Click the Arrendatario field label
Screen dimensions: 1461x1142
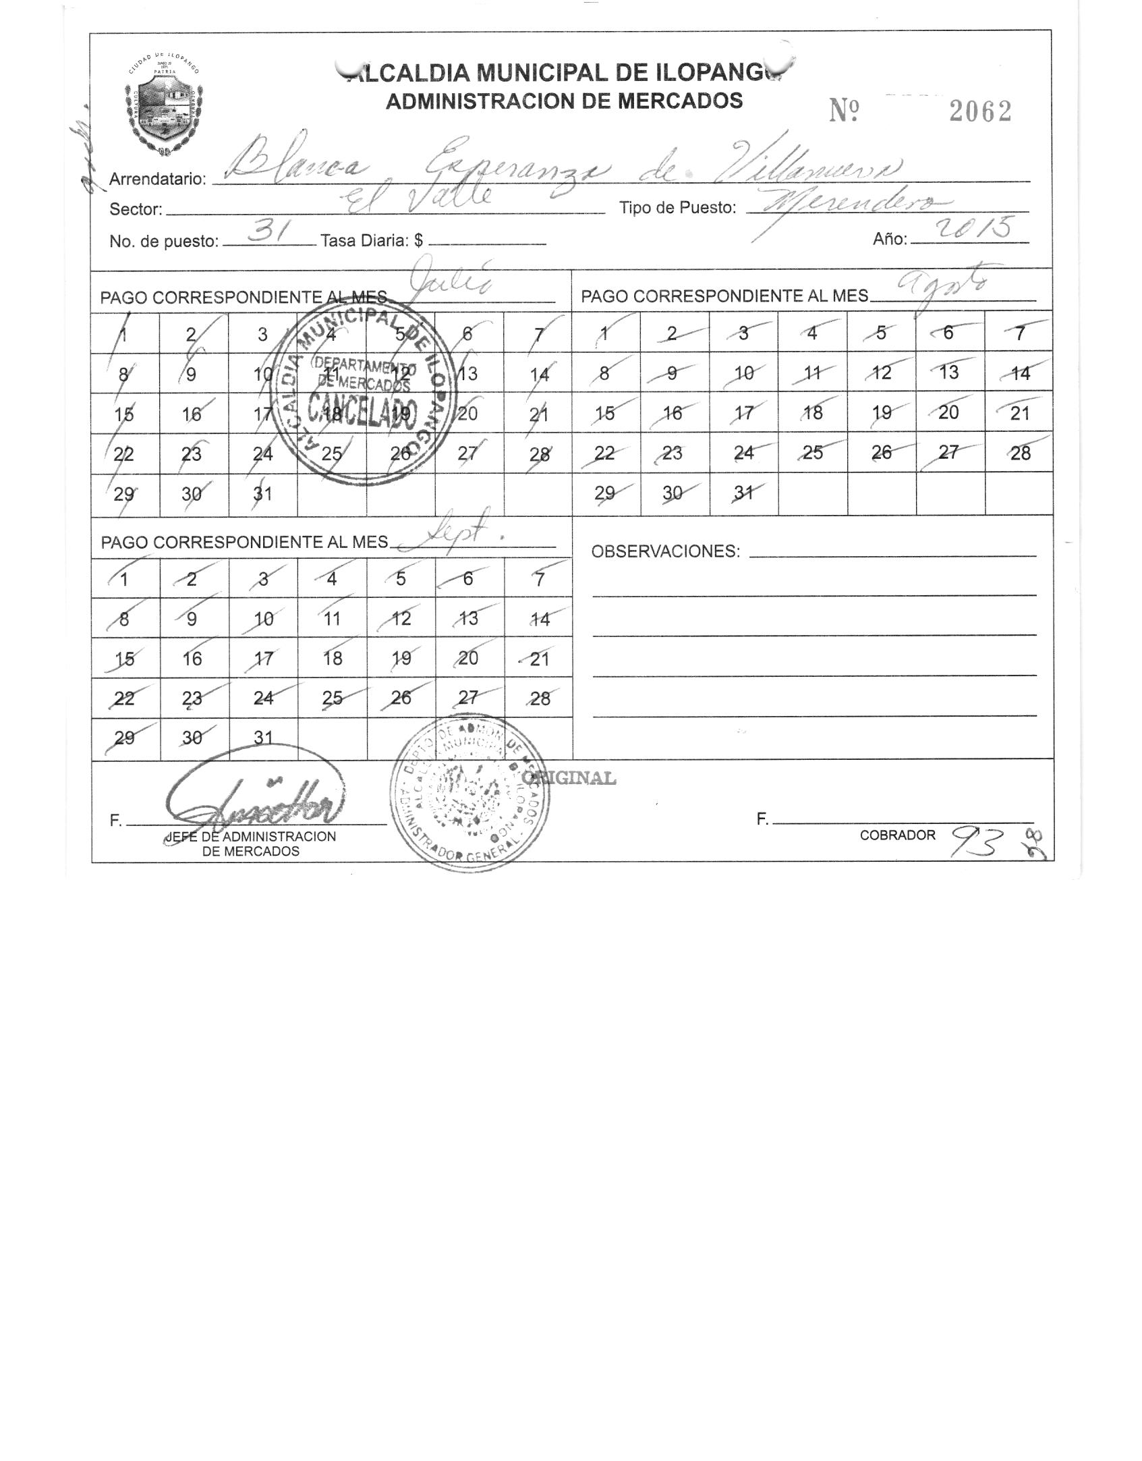coord(157,180)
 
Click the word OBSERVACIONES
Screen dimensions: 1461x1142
coord(665,551)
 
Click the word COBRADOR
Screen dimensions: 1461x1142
coord(897,835)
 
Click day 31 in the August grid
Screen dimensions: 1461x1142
coord(743,493)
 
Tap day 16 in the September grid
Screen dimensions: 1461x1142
coord(192,659)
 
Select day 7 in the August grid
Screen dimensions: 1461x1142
coord(1019,333)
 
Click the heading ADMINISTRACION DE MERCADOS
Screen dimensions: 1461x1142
coord(564,101)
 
